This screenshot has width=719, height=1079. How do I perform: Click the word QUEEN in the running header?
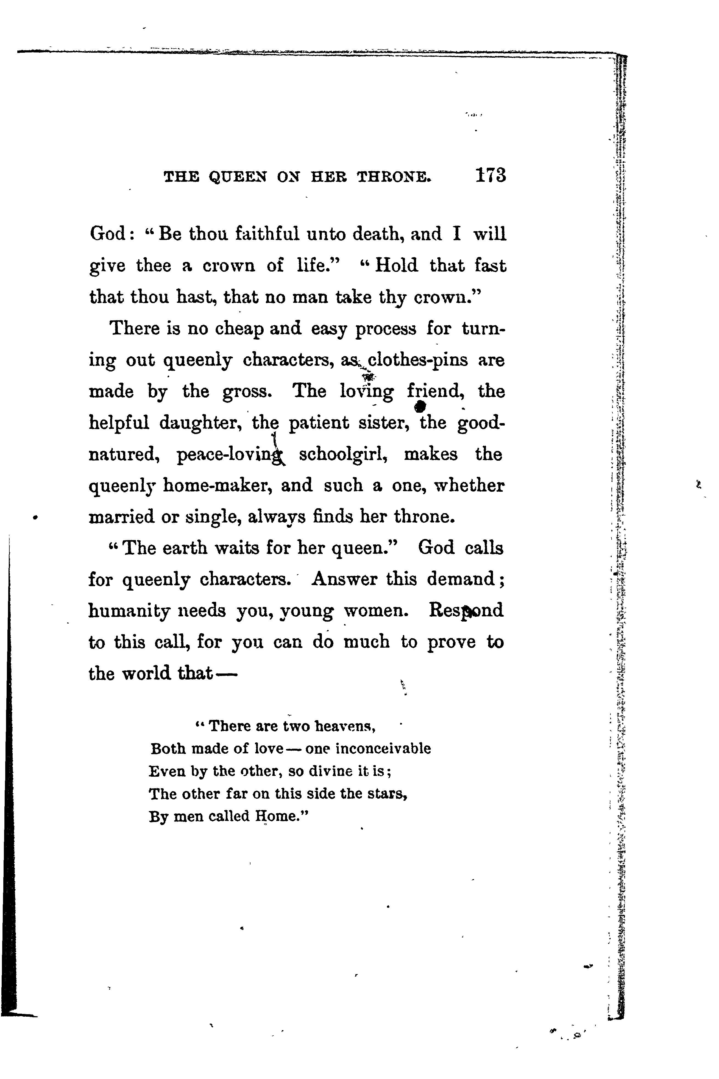(x=238, y=177)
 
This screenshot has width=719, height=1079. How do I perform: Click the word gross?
(x=248, y=392)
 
